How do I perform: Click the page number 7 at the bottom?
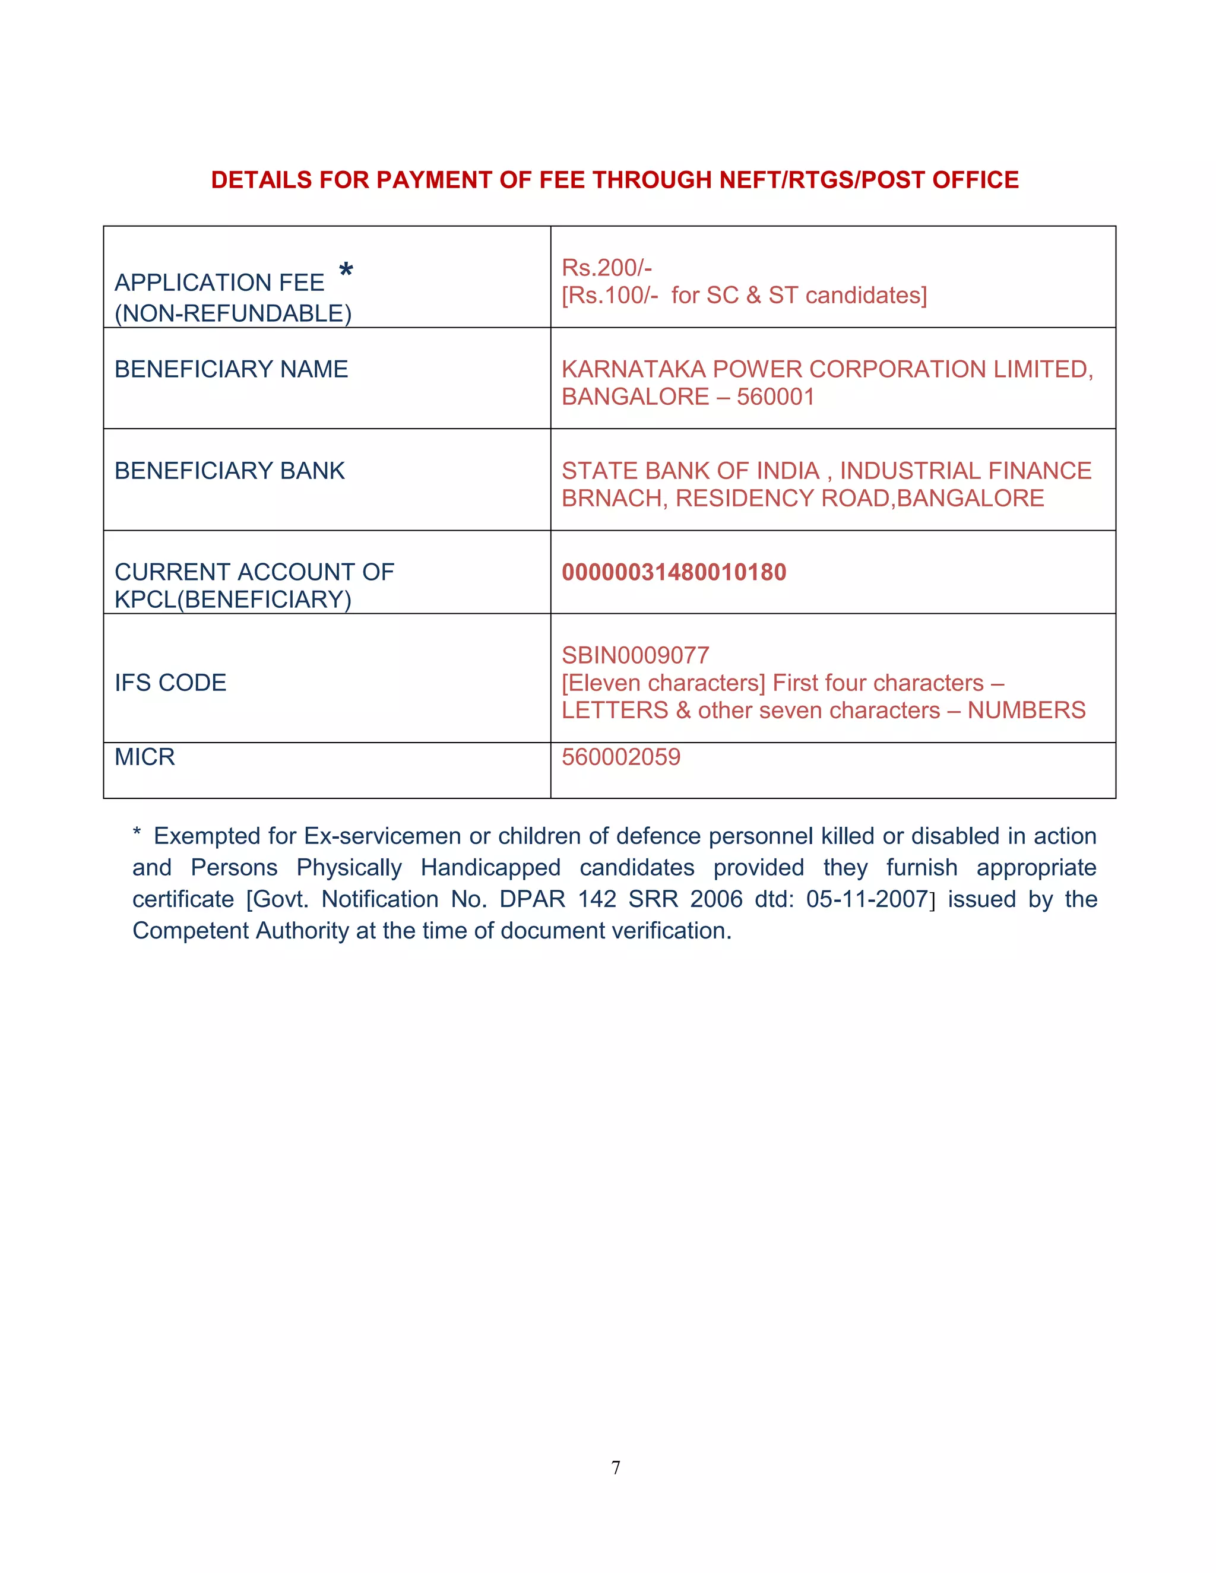615,1468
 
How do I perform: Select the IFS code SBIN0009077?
635,655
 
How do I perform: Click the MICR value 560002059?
621,757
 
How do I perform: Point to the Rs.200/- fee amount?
607,267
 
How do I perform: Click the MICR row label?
145,757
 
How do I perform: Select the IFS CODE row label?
171,682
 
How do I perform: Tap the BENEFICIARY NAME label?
231,369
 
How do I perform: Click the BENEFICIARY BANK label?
230,470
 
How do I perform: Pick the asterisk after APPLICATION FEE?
346,271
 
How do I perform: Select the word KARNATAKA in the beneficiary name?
633,369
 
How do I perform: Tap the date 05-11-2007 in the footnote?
867,899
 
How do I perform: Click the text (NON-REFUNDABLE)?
233,313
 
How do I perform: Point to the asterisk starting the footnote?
137,834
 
